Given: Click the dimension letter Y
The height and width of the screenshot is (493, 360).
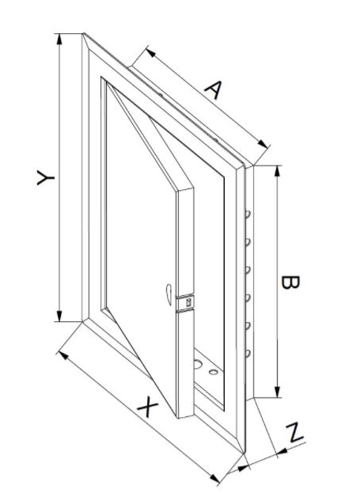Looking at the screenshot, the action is (46, 177).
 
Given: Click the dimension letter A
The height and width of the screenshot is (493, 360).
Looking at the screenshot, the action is (214, 89).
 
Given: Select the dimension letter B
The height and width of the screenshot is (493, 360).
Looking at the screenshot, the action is (290, 282).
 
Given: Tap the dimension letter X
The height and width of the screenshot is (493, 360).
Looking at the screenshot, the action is (148, 407).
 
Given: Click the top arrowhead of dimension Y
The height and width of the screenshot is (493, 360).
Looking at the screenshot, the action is (59, 39).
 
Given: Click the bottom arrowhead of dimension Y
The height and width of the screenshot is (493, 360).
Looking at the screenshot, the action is (59, 316).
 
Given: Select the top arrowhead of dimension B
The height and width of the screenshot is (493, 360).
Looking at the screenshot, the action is (277, 171).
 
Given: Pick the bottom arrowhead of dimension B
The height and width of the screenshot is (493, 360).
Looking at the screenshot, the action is (277, 392).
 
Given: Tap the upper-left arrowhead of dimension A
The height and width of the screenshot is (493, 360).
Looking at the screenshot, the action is (150, 52).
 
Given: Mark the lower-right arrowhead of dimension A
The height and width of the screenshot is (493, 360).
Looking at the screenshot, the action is (263, 144).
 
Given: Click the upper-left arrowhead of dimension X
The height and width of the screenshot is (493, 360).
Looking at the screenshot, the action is (64, 355).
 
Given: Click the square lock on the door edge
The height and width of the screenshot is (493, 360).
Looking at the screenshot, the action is (188, 303).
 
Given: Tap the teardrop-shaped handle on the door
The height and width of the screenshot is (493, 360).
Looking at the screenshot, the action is (169, 294).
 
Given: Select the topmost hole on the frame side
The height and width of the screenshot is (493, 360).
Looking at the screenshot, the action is (248, 214).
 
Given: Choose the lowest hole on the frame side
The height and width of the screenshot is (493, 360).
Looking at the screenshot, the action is (248, 354).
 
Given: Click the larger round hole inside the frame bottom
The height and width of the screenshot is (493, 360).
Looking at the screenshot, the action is (198, 364).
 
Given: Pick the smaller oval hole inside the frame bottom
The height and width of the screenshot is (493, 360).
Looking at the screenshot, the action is (214, 372).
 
